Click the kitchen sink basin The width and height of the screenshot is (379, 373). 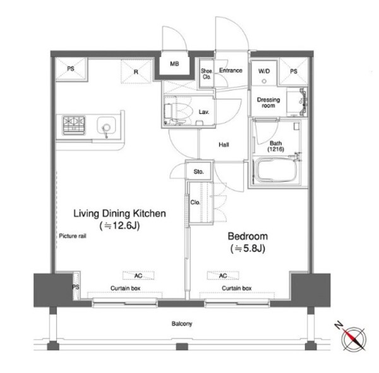point(106,126)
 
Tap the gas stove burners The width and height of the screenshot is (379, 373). point(74,125)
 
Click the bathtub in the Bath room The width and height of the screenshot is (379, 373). point(275,170)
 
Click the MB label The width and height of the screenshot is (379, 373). point(174,64)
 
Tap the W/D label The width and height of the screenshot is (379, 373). point(264,71)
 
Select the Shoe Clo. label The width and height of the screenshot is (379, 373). point(207,74)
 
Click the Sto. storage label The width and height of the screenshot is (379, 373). point(199,172)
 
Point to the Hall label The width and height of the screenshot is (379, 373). point(224,145)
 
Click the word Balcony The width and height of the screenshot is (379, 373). point(182,324)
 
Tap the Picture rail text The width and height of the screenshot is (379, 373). point(73,236)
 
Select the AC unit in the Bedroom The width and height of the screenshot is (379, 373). point(223,276)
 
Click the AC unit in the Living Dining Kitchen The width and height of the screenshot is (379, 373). point(138,276)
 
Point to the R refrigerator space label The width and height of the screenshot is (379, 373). point(136,72)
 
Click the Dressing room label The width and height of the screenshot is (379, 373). point(268,102)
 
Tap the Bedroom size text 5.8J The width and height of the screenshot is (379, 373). point(248,248)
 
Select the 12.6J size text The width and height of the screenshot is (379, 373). point(119,226)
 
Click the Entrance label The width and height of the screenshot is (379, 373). point(231,70)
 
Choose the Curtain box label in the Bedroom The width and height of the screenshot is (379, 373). point(237,288)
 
